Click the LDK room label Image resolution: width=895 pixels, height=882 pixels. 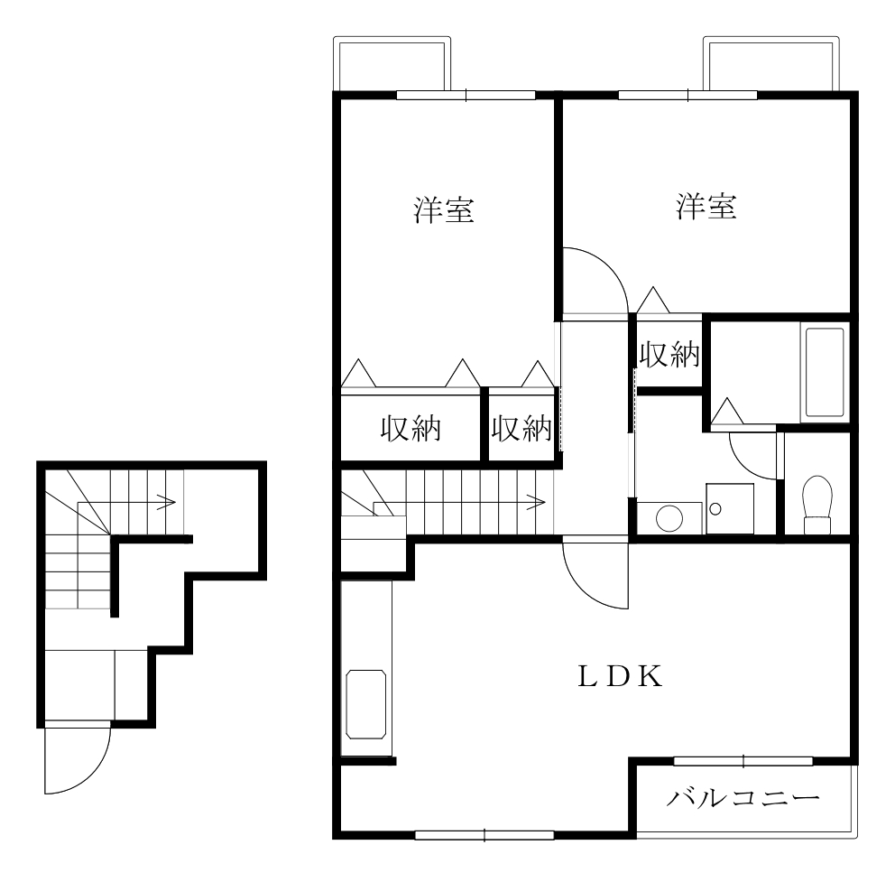point(622,675)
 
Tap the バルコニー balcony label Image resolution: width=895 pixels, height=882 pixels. point(744,798)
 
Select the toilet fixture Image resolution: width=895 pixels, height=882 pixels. point(817,506)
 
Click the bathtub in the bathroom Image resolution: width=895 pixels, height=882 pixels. point(825,373)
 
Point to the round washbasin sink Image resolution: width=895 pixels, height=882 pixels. point(669,518)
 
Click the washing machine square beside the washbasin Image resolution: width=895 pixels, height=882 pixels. point(729,508)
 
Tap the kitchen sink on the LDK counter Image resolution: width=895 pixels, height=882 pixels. point(366,701)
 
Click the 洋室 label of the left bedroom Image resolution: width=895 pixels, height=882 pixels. point(444,209)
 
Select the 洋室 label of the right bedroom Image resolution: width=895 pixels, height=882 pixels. point(706,207)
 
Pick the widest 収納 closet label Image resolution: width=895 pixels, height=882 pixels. point(411,429)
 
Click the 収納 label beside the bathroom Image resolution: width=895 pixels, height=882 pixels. point(669,355)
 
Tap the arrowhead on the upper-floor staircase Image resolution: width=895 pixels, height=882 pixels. point(537,499)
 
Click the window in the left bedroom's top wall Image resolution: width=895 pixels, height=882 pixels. point(466,95)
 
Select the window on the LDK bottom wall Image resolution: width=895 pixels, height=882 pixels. point(484,834)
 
